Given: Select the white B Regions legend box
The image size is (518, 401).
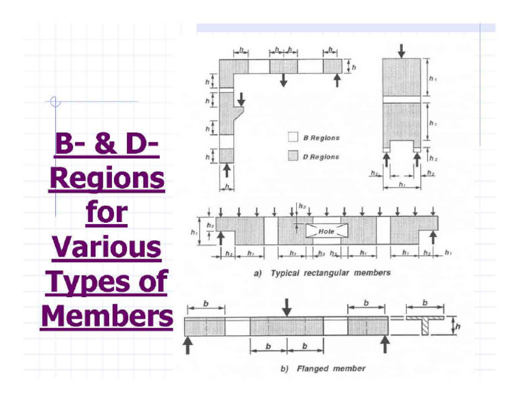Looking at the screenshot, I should [293, 138].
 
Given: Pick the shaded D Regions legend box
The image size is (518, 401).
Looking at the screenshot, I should [293, 157].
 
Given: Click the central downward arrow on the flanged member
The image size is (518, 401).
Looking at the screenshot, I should [287, 308].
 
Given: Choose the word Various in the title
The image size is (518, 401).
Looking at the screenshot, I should [107, 248].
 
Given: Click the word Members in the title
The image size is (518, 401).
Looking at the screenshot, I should [107, 315].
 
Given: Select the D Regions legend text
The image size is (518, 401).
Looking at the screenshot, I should [320, 157].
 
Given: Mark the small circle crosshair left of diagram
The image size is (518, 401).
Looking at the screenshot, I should [55, 103].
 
